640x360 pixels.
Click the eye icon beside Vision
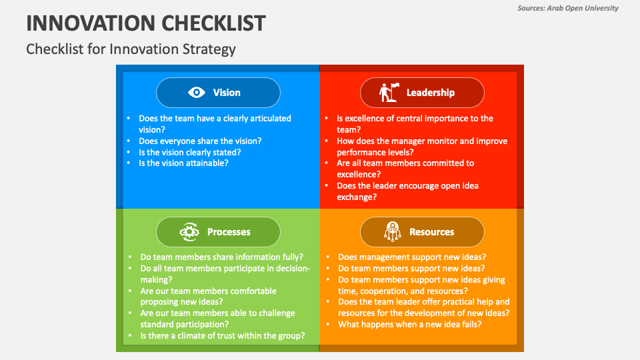point(196,93)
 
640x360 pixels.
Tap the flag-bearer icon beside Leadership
point(389,92)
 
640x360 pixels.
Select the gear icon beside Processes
point(189,232)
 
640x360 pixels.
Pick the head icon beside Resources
point(392,231)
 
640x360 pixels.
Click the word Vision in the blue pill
point(227,93)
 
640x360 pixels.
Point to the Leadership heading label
point(430,93)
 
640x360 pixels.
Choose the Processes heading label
point(229,232)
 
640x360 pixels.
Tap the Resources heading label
point(431,232)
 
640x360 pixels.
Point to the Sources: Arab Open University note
point(568,8)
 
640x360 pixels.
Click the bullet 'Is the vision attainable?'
point(183,163)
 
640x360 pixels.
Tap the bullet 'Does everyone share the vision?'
point(200,141)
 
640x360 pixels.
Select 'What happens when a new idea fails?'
point(410,325)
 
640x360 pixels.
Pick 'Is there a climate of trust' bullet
point(223,336)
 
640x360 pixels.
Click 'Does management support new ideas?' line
point(412,257)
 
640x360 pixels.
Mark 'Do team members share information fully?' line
point(221,257)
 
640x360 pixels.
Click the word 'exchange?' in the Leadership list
point(357,197)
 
